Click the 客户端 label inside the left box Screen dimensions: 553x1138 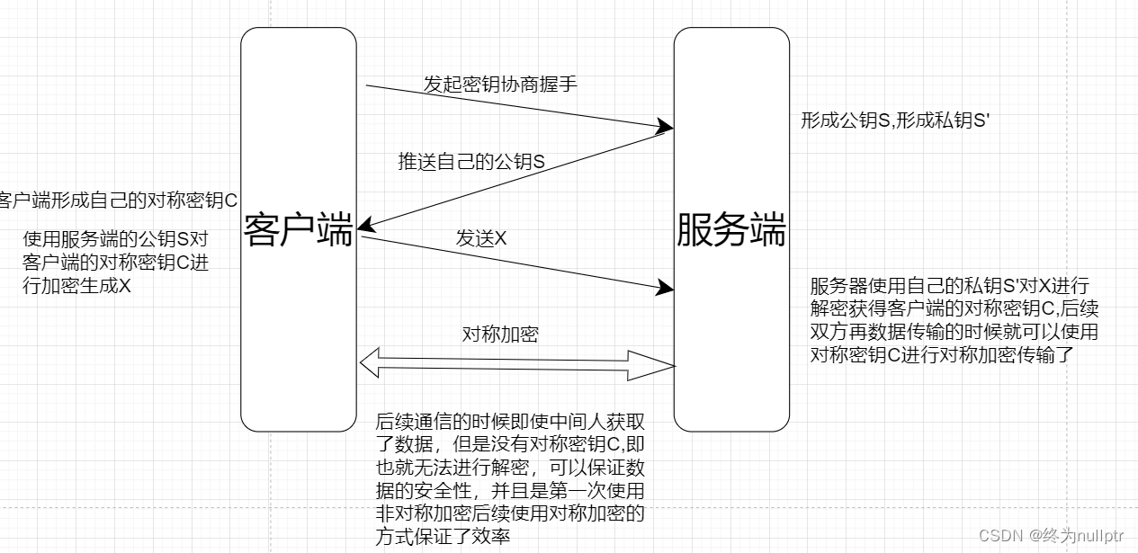298,231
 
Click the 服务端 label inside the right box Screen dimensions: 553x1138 731,231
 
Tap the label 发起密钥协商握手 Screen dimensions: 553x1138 500,85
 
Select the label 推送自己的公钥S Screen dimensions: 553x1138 472,163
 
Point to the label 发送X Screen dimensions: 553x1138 481,238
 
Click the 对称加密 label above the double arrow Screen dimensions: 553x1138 500,334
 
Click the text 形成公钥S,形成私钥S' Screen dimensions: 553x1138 895,121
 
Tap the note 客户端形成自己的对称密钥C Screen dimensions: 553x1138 118,200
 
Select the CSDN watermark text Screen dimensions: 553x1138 1051,535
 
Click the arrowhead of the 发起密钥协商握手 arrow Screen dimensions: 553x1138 667,124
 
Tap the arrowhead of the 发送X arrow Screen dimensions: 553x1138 667,288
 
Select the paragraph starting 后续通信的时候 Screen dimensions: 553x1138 510,478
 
